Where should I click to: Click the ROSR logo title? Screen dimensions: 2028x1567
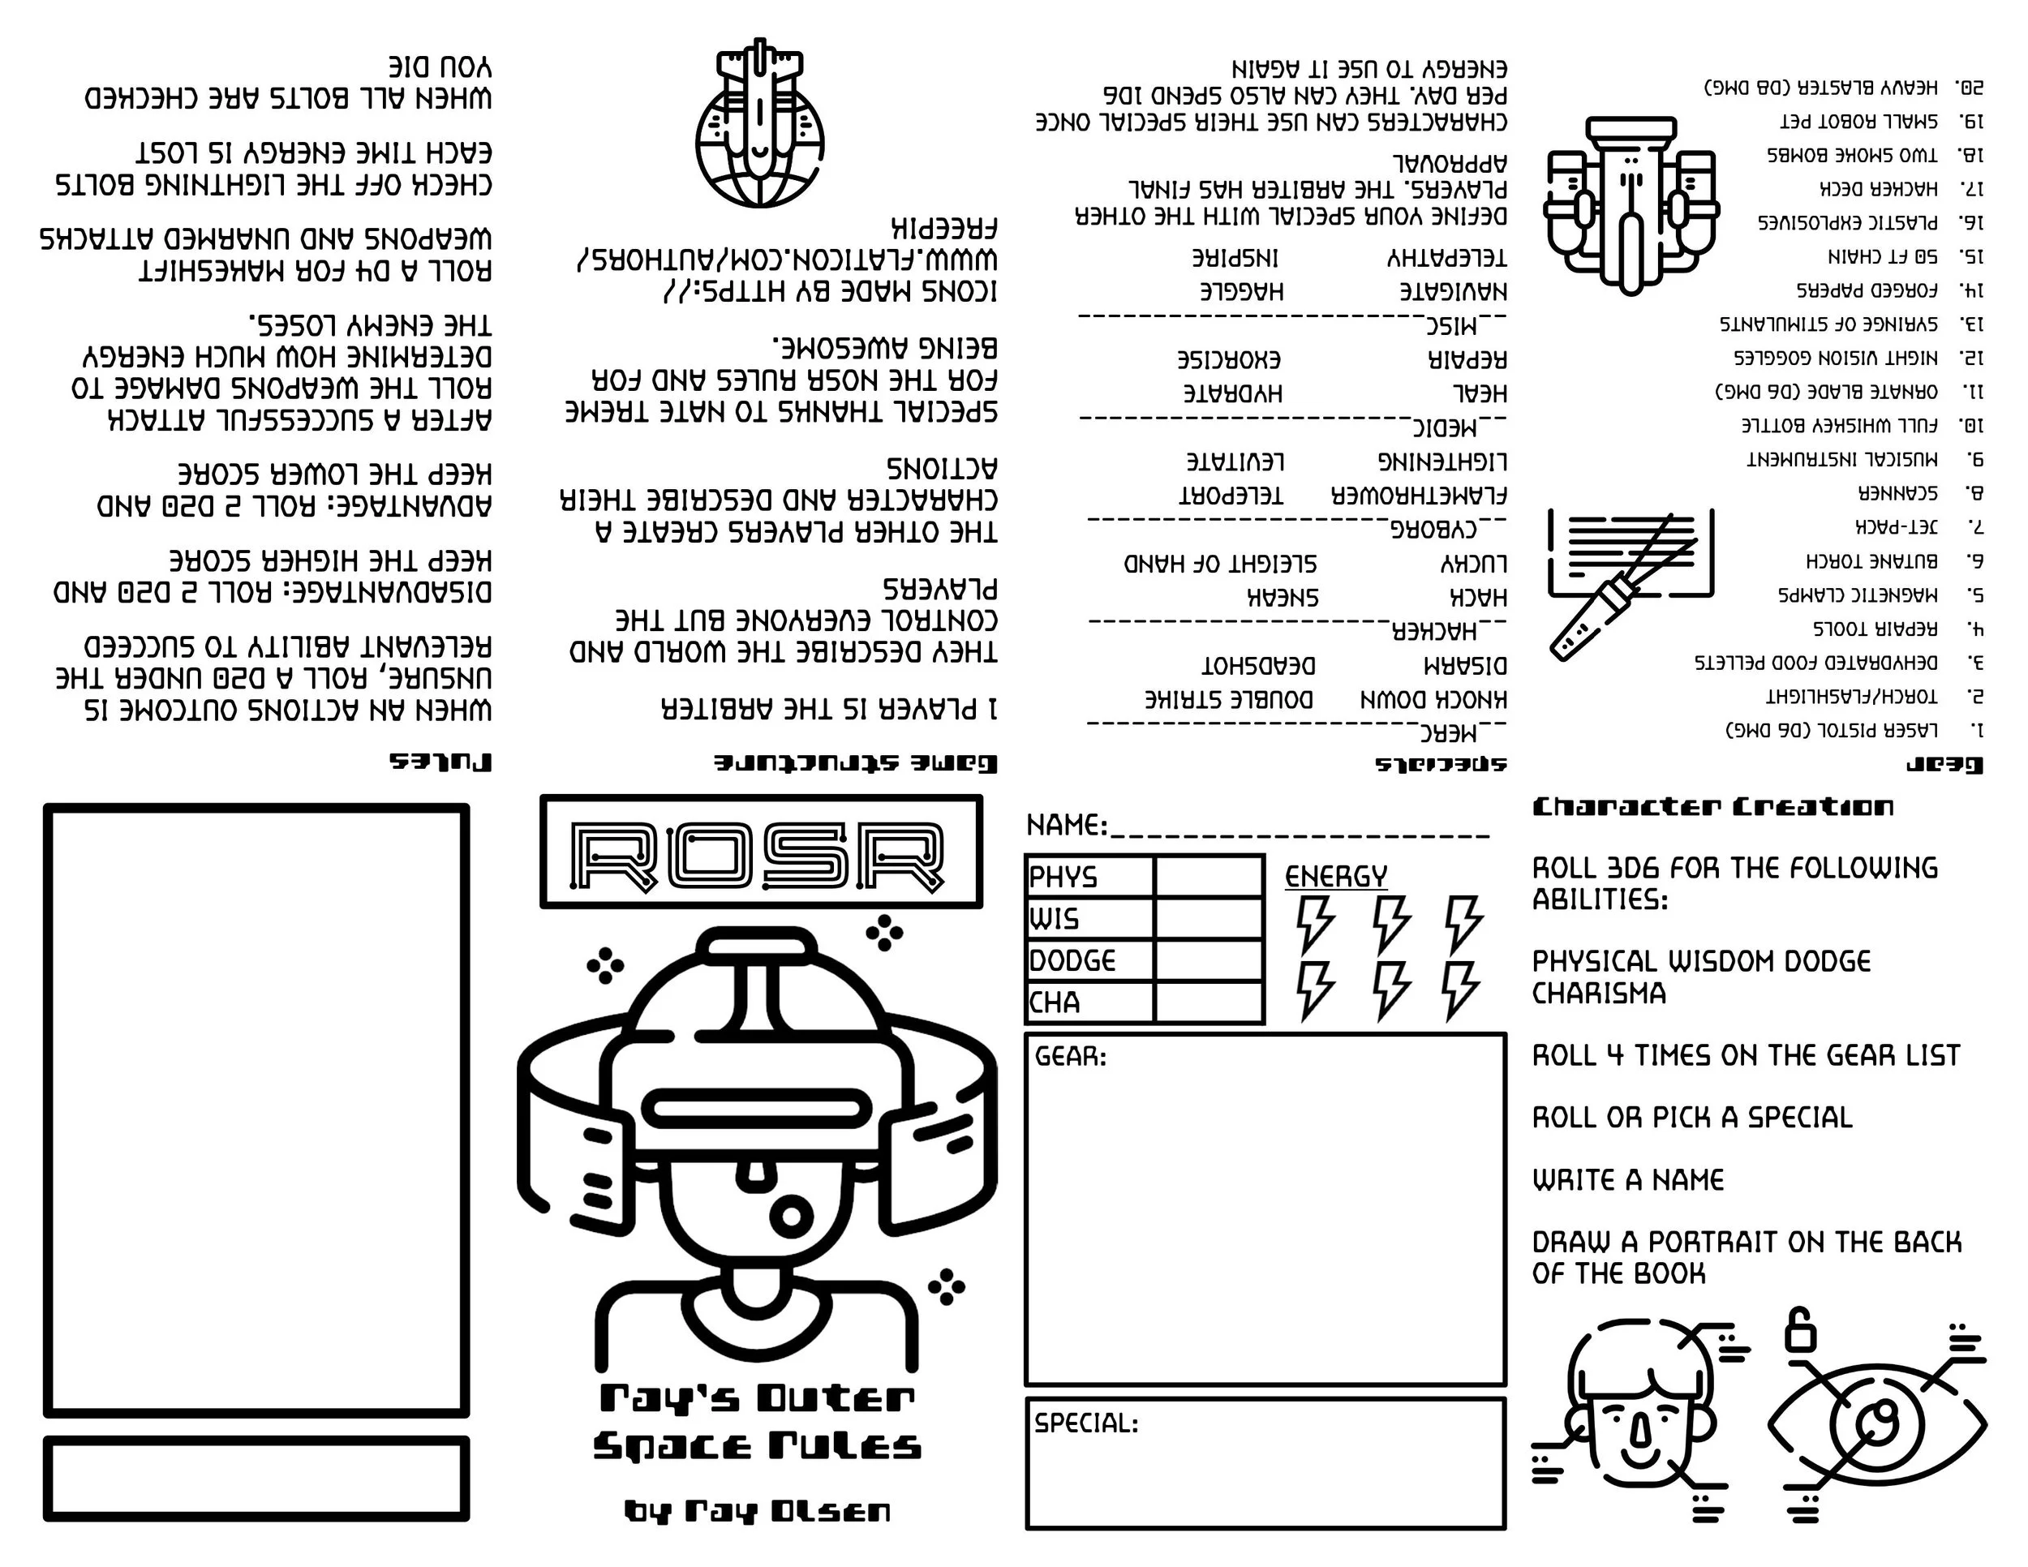(x=758, y=855)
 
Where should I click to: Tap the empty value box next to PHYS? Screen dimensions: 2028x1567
(x=1208, y=875)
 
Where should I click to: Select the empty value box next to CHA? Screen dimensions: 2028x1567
(x=1208, y=1002)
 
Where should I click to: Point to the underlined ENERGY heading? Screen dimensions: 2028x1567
(x=1335, y=876)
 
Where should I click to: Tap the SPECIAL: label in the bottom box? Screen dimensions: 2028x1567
(x=1086, y=1423)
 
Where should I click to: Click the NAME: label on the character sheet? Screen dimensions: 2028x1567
(x=1066, y=826)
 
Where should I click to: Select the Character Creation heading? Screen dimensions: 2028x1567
(x=1713, y=807)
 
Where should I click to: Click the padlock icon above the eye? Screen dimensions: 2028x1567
(x=1801, y=1330)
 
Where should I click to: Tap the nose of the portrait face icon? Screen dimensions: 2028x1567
(x=1640, y=1432)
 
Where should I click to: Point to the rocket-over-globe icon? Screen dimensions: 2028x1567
(x=759, y=123)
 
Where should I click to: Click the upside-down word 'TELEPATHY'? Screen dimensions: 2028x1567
(x=1446, y=257)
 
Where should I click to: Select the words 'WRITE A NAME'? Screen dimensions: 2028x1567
(x=1628, y=1180)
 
